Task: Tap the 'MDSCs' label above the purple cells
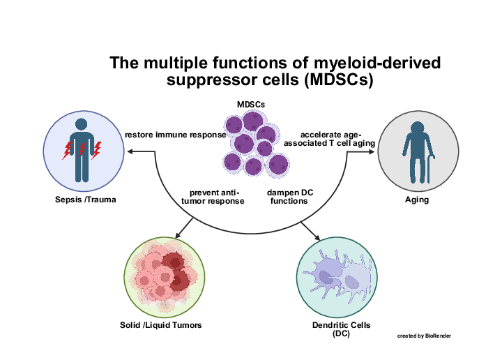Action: pos(251,104)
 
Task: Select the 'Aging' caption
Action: pos(416,200)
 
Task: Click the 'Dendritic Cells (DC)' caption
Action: pos(341,329)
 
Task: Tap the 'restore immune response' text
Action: pos(175,135)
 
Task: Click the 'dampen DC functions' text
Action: pos(287,197)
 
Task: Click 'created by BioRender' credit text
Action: pos(424,336)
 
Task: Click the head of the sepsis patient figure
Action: pos(82,123)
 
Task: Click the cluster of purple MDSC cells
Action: pos(253,143)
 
